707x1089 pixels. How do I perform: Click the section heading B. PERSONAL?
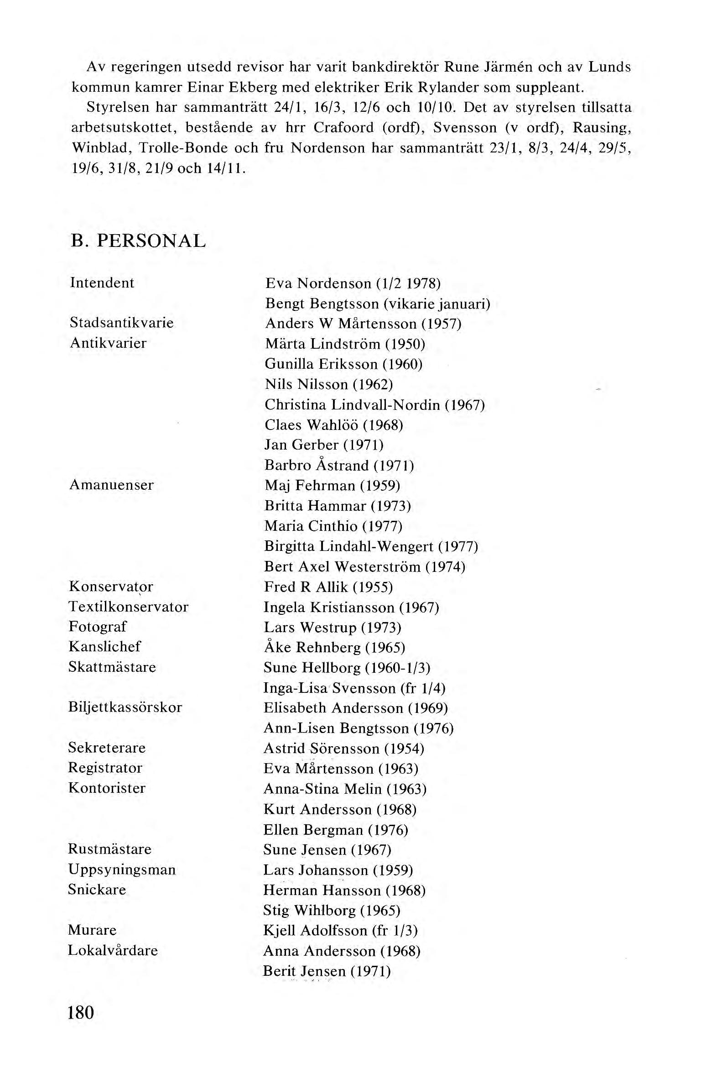pos(138,241)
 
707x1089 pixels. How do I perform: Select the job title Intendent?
pos(102,283)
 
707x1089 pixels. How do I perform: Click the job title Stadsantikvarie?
pos(122,323)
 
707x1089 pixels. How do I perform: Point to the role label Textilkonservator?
pos(129,607)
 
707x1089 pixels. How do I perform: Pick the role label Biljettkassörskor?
pos(125,707)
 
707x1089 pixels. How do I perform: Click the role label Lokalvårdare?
pos(113,950)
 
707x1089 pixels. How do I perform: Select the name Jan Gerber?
pos(302,445)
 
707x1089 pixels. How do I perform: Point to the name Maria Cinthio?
pos(311,526)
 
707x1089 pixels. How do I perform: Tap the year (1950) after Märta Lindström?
pos(405,344)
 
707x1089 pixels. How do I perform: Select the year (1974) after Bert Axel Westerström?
pos(446,567)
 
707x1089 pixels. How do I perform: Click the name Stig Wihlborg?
pos(309,911)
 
